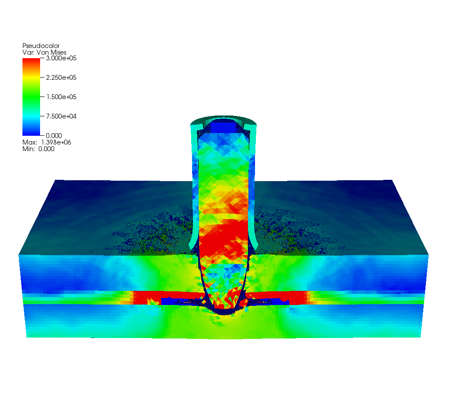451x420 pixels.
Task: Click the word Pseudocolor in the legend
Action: coord(41,46)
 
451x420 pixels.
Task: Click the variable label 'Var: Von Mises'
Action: coord(44,52)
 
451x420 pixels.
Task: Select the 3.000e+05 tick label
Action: coord(61,58)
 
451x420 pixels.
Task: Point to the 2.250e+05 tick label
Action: coord(61,78)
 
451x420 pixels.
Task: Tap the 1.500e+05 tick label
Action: coord(61,97)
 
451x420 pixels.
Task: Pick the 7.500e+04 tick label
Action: coord(61,116)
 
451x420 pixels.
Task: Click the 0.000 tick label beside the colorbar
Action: coord(54,136)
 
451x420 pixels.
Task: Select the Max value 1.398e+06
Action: coord(56,142)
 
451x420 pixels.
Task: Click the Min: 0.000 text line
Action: coord(38,149)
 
